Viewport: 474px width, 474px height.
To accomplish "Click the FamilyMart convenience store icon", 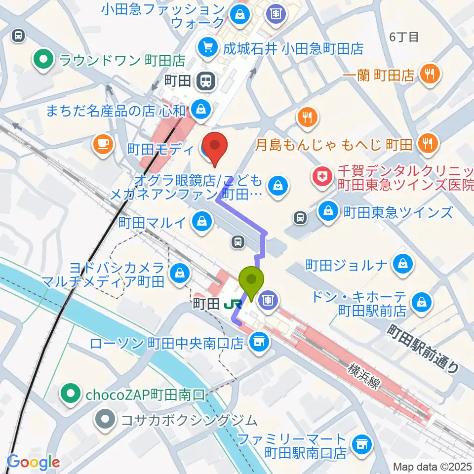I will coord(361,445).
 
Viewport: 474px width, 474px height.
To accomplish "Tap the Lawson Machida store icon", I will coord(257,340).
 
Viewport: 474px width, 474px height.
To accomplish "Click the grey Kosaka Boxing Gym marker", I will coord(106,420).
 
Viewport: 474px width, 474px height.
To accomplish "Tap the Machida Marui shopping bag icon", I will coord(202,221).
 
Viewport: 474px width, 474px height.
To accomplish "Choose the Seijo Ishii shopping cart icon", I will coord(207,48).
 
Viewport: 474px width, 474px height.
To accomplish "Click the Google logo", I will coord(34,462).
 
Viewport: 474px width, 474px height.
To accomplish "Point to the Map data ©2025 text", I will coord(432,466).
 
